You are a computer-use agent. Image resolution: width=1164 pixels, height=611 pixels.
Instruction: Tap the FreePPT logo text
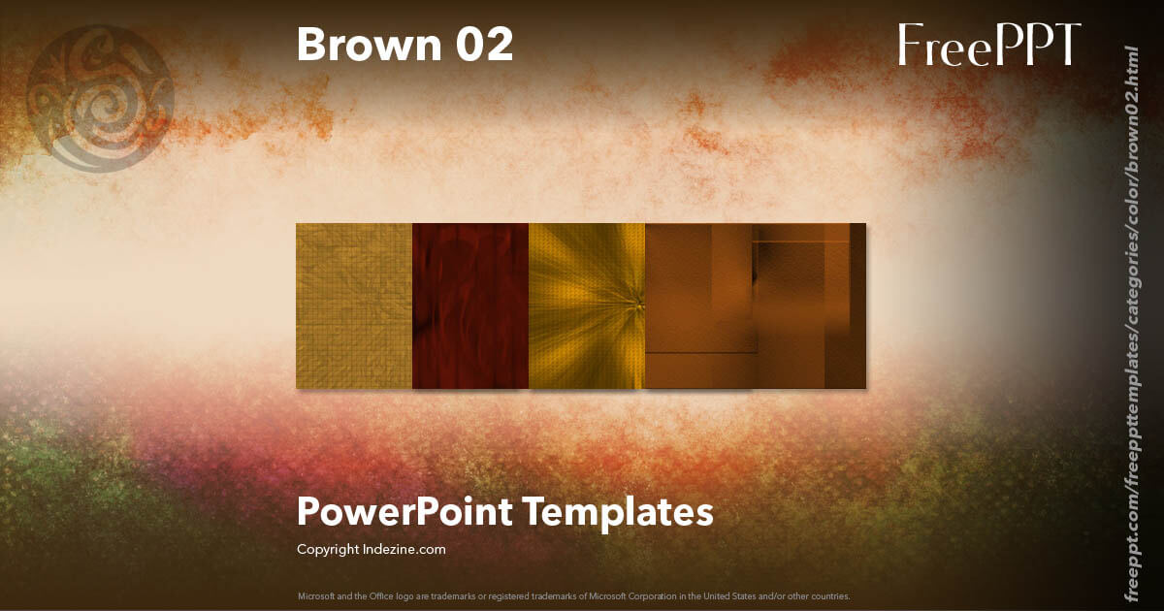pos(988,45)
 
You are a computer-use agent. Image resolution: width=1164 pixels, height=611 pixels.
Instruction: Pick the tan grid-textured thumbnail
pos(354,305)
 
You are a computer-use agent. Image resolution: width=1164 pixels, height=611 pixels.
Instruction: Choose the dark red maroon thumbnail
pos(470,305)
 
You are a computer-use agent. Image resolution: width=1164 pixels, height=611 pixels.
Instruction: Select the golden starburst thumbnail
pos(587,305)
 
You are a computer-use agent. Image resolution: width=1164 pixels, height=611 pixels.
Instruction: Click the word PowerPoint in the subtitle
pos(405,511)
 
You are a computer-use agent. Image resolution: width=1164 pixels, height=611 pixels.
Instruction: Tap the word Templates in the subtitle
pos(620,511)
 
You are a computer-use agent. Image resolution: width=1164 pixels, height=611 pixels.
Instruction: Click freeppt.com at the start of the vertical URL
pos(1130,553)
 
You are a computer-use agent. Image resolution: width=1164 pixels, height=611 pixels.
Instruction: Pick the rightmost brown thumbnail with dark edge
pos(809,305)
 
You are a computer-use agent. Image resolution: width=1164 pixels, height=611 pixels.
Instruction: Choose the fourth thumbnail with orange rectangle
pos(698,305)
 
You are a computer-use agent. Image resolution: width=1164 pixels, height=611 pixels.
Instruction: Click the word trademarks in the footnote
pos(458,595)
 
